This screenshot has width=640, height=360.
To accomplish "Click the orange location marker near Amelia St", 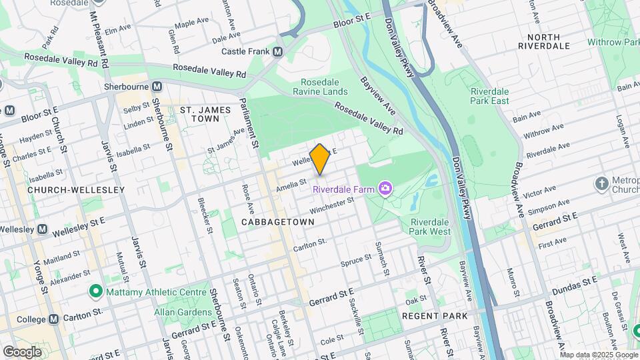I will coord(320,159).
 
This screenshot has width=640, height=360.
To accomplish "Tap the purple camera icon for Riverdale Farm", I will coord(385,189).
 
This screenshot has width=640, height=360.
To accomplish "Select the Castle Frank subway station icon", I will coord(277,51).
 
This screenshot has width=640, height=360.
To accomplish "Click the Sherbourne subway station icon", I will coord(157,87).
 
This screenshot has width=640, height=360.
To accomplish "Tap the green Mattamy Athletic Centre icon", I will coord(95,291).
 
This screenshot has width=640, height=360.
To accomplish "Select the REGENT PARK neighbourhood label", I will coord(435,315).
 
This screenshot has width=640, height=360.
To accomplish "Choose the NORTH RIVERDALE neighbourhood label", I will coord(548,41).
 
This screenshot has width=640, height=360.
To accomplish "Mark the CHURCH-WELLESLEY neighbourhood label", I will coord(76,190).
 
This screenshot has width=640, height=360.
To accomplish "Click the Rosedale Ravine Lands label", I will coord(320,86).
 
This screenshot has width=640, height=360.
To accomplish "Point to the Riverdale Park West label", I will coord(431,227).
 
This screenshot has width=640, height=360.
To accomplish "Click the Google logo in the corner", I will coord(22,351).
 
